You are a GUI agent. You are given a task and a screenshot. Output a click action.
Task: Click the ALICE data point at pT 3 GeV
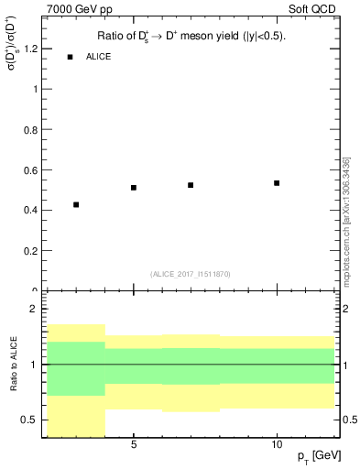(76, 204)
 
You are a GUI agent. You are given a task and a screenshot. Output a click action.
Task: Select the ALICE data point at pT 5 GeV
(134, 188)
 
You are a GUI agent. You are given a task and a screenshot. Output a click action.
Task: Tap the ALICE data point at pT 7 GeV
(191, 185)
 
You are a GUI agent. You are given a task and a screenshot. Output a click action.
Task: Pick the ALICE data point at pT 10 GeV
(277, 183)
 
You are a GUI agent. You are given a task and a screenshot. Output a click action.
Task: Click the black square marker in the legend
(70, 57)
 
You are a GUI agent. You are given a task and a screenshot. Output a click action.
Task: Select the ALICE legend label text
(99, 57)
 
